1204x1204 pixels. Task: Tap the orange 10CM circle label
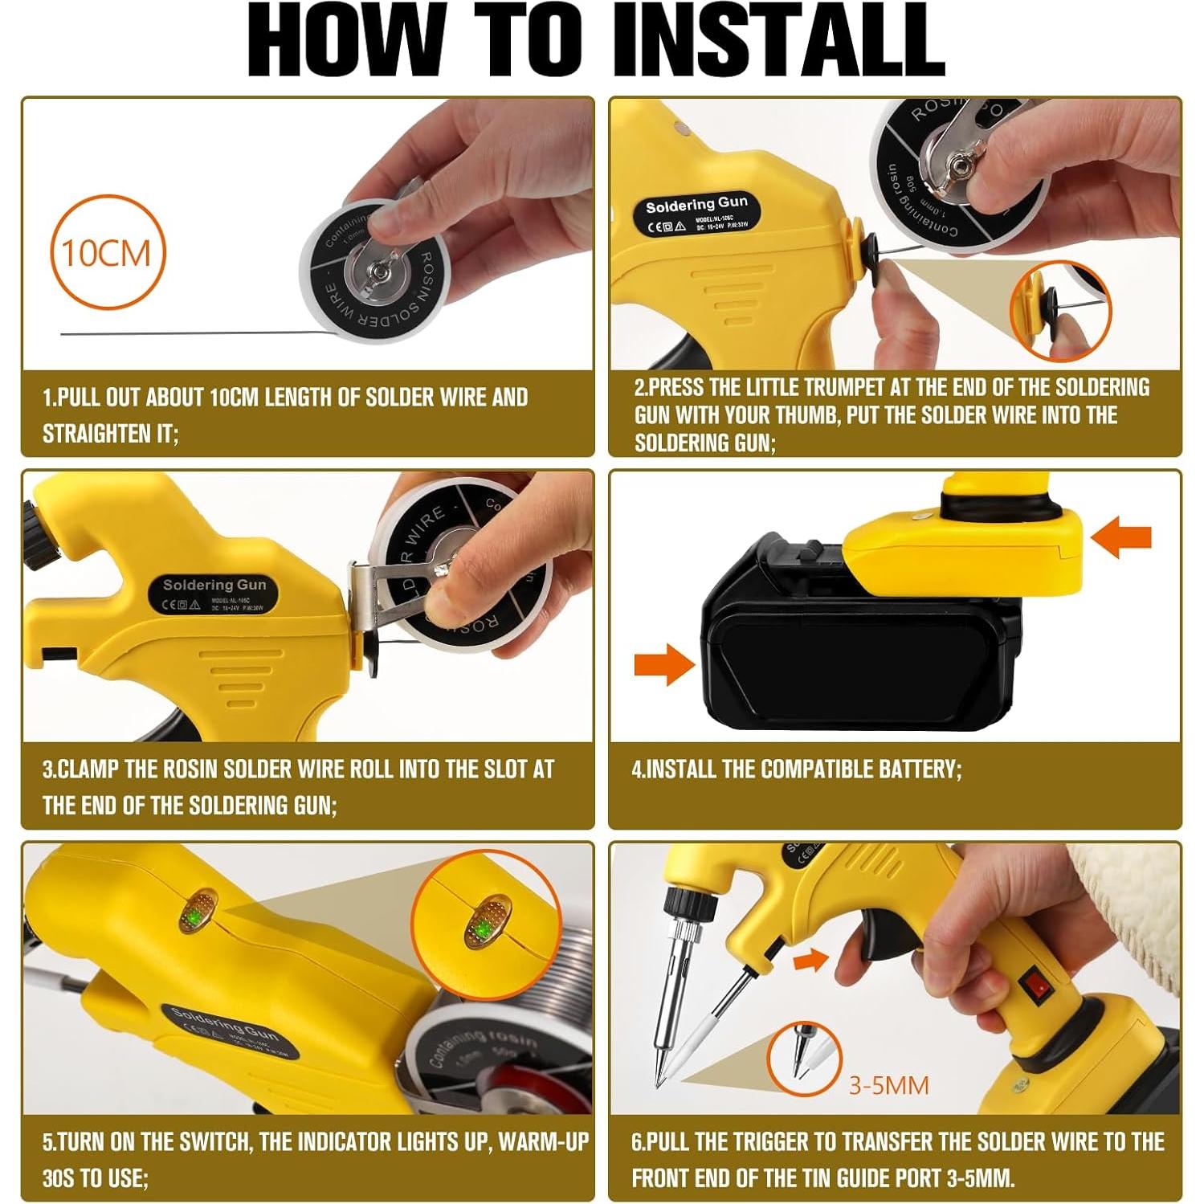click(107, 252)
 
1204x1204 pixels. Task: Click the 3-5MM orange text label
click(888, 1085)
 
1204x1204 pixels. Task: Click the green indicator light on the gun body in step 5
click(196, 915)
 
